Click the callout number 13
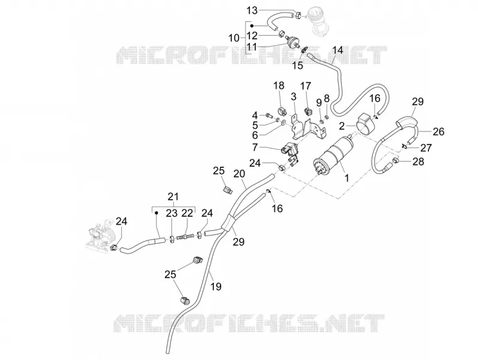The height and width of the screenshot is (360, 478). (252, 11)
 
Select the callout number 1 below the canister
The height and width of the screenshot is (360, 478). (347, 178)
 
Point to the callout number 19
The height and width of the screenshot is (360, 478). (216, 287)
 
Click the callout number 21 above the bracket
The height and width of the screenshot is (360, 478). (173, 197)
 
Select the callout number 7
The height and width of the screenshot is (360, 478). (255, 147)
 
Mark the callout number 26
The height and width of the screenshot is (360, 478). (439, 132)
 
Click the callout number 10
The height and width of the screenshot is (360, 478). (234, 38)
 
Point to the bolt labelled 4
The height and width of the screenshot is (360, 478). (270, 115)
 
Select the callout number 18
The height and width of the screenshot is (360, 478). (279, 86)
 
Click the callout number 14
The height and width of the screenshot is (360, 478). (338, 50)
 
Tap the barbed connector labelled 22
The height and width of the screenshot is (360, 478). (185, 237)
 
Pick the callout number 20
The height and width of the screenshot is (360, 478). (240, 173)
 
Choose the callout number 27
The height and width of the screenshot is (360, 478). (426, 148)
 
